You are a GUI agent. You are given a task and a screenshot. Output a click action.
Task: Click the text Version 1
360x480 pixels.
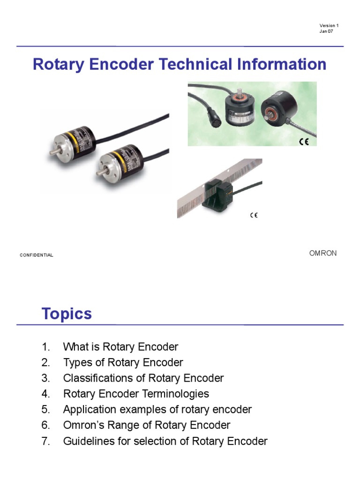click(329, 25)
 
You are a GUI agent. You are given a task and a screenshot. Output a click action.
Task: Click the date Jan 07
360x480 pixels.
click(326, 31)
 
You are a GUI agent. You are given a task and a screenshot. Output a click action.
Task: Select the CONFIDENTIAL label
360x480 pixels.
click(37, 255)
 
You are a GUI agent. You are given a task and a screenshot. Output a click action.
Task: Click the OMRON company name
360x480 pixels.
click(322, 253)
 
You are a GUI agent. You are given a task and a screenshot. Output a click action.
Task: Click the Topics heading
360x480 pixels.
click(67, 314)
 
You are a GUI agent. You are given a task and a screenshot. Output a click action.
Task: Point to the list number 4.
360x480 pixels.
click(45, 394)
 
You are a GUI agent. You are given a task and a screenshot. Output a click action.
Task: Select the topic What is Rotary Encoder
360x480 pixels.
click(120, 347)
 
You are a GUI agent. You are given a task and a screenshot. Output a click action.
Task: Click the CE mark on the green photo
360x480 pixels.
click(304, 142)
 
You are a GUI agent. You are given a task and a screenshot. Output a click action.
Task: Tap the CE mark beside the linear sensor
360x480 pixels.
click(254, 215)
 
